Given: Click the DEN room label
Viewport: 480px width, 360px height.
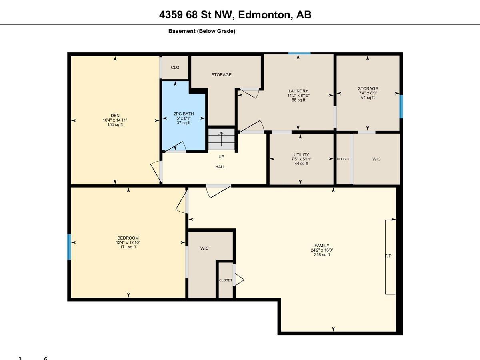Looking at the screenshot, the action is [115, 116].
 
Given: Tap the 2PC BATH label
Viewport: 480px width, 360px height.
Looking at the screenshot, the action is [184, 114].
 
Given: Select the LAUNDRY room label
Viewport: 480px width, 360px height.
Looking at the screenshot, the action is [298, 91].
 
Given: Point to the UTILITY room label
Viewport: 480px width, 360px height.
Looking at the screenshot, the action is [301, 154].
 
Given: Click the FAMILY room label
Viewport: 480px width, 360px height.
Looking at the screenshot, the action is [322, 246].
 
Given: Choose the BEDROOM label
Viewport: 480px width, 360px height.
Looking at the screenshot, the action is [128, 238].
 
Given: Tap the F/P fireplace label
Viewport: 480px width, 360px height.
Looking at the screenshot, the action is [388, 256].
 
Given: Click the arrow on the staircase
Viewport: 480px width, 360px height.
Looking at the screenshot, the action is [222, 139].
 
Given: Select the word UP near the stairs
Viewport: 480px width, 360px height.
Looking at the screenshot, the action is [221, 157].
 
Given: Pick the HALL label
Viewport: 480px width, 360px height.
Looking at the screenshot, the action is [220, 167].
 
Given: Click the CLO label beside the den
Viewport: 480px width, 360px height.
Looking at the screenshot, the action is [175, 68].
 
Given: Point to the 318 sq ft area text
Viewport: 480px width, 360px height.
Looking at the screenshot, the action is [322, 255].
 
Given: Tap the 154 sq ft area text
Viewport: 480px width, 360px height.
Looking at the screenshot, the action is [115, 124].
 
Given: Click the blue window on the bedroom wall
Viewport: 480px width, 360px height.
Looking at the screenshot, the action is [69, 247].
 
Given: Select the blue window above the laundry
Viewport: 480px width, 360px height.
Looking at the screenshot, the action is [299, 54].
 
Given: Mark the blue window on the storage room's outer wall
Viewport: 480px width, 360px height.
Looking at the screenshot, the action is [401, 107].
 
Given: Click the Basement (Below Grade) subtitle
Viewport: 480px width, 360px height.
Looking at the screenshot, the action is [202, 31].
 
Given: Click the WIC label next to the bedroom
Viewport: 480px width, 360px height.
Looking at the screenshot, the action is [204, 248].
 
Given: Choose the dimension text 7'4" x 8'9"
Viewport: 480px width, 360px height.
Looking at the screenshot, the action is [368, 93].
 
